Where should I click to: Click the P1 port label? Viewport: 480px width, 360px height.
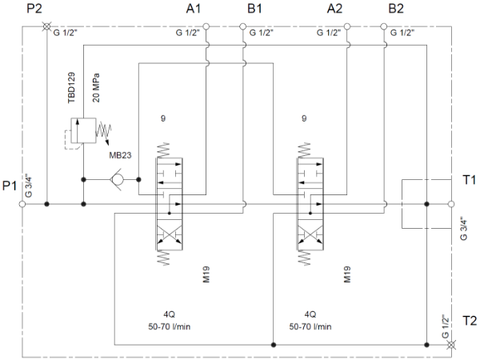click(10, 186)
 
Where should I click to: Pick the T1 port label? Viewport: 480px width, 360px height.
click(469, 179)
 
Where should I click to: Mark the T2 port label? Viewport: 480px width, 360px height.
click(469, 319)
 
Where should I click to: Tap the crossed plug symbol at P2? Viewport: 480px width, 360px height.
click(46, 26)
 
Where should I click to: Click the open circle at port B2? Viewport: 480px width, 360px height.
click(384, 26)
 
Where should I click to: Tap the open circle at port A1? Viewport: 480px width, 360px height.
click(206, 26)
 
